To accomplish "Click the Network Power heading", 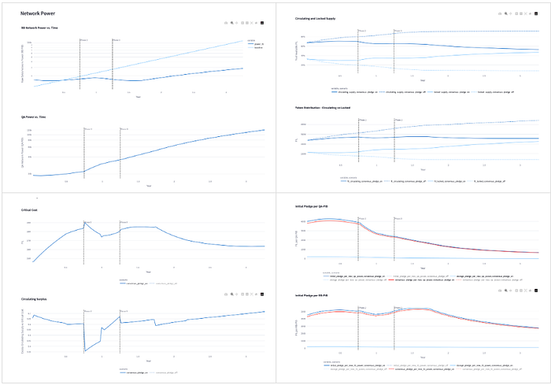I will tap(39, 14).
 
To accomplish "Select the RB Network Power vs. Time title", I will tap(39, 28).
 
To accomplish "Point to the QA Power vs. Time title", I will tap(33, 117).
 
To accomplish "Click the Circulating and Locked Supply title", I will tap(319, 17).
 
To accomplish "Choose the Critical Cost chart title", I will tap(30, 210).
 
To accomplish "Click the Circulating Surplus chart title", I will tap(35, 298).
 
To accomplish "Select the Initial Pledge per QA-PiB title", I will tap(316, 205).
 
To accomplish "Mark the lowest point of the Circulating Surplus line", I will tap(85, 350).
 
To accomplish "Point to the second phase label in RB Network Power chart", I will tap(116, 39).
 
